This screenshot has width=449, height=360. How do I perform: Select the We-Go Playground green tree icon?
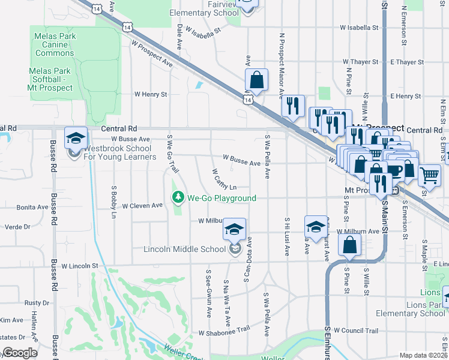point(178,197)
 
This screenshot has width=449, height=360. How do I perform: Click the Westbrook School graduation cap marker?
point(76,139)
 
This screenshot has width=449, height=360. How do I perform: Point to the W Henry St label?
point(151,94)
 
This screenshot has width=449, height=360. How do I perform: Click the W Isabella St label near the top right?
point(359,28)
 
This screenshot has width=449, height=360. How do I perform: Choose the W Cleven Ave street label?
point(142,205)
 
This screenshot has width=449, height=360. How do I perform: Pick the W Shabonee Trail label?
point(223,332)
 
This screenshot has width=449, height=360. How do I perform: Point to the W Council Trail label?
point(356,331)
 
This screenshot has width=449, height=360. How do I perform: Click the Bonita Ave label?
point(32,207)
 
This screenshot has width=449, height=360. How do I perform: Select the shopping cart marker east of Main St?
point(429,175)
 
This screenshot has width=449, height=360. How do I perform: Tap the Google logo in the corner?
point(20,353)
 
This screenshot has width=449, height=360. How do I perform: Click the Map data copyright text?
point(423,355)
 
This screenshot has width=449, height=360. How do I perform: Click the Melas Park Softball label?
point(51,79)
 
